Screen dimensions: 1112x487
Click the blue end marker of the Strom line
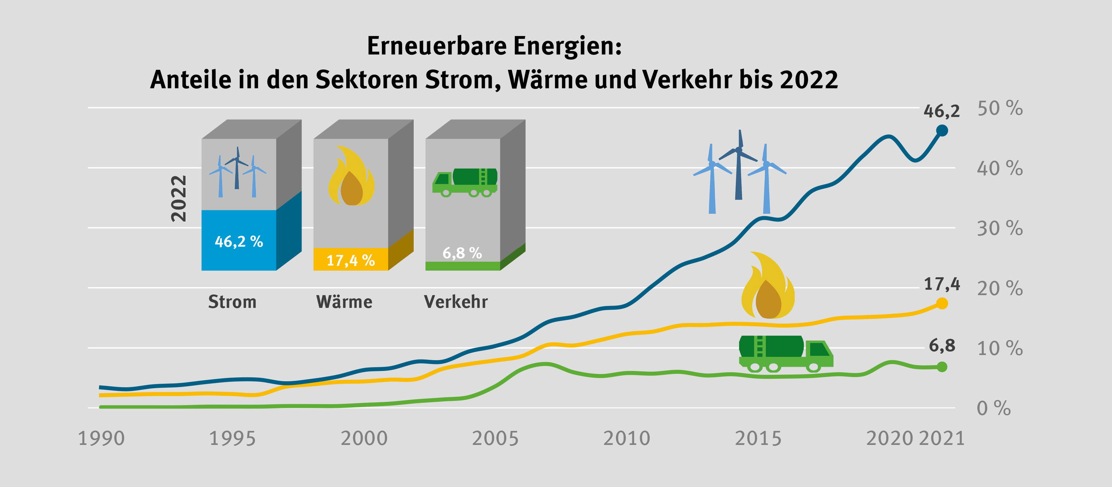pyautogui.click(x=942, y=130)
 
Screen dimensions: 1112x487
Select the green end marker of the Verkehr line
pyautogui.click(x=942, y=367)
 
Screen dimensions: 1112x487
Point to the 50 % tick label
pyautogui.click(x=1000, y=109)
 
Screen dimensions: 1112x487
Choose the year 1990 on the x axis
pyautogui.click(x=101, y=438)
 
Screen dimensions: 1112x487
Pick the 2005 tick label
pyautogui.click(x=495, y=438)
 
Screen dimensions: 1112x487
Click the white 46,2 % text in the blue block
pyautogui.click(x=239, y=241)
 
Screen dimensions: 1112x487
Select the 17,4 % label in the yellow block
pyautogui.click(x=350, y=260)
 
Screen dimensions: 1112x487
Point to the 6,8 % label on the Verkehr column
pyautogui.click(x=462, y=253)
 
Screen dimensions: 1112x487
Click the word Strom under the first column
pyautogui.click(x=232, y=301)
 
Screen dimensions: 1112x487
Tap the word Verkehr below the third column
pyautogui.click(x=456, y=301)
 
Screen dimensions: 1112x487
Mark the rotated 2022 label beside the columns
pyautogui.click(x=179, y=199)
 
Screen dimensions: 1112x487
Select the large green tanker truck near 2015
pyautogui.click(x=786, y=353)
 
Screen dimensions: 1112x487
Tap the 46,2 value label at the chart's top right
pyautogui.click(x=942, y=111)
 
